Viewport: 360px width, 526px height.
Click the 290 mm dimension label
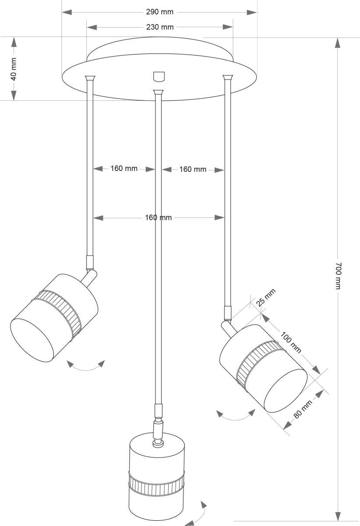[x=159, y=12]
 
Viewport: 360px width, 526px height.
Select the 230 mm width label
[x=159, y=27]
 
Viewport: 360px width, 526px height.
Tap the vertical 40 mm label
[x=14, y=69]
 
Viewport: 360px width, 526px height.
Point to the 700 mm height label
[x=338, y=276]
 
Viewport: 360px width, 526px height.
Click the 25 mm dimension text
[x=266, y=298]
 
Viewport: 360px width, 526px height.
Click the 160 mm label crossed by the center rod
[x=158, y=217]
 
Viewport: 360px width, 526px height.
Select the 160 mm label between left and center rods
[x=124, y=168]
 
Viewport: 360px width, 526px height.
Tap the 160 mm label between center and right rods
[x=193, y=169]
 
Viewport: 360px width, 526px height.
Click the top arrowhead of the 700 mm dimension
[x=338, y=43]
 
